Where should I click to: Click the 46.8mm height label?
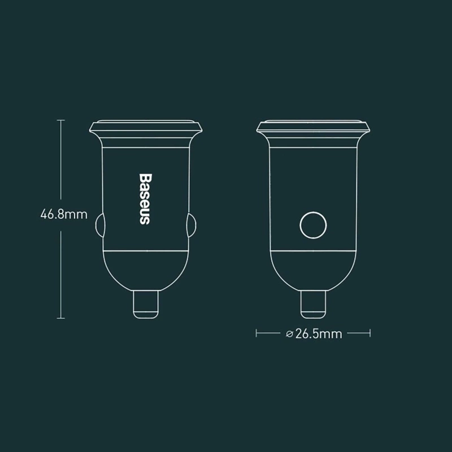[63, 214]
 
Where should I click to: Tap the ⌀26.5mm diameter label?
[314, 334]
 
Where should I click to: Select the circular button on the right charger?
[312, 227]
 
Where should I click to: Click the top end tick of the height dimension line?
[61, 120]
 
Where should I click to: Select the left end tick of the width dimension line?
[257, 334]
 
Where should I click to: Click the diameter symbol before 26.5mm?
[289, 334]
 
